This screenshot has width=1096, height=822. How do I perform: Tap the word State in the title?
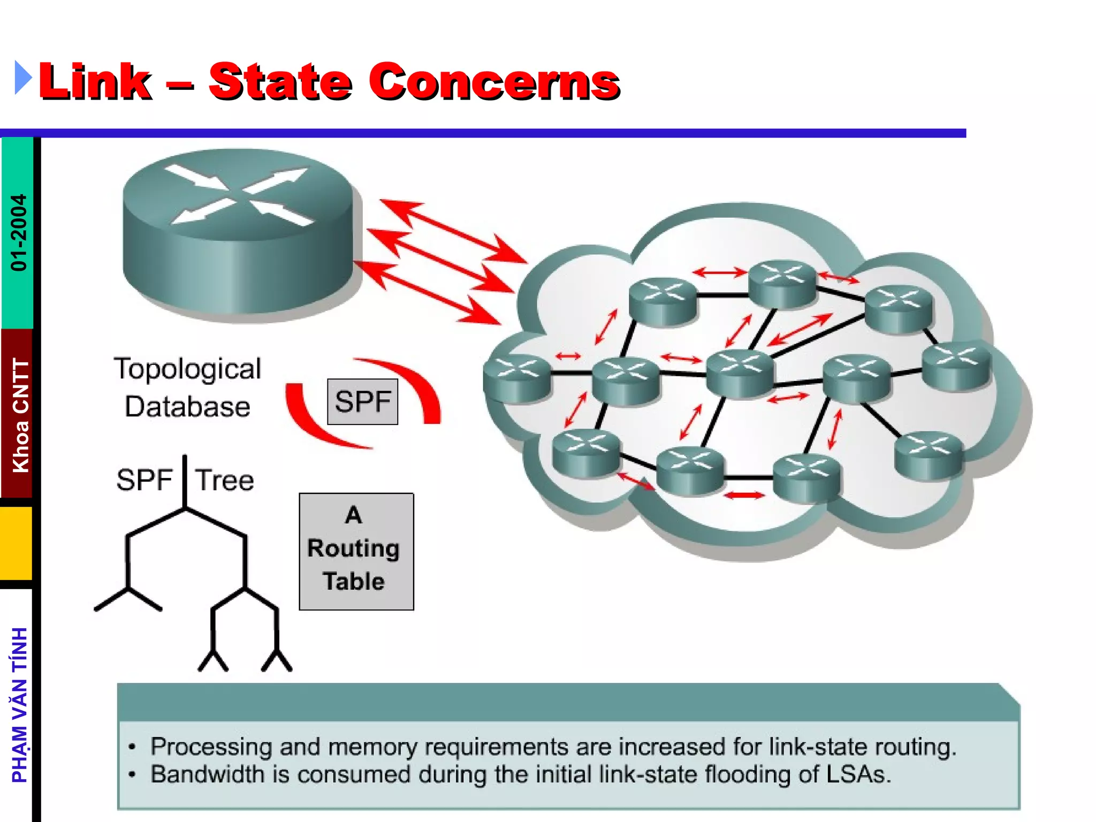(x=280, y=82)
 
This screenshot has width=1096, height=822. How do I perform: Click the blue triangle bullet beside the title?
(x=23, y=78)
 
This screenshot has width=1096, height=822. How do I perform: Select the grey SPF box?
(x=362, y=401)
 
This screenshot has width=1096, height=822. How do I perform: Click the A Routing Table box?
(x=356, y=551)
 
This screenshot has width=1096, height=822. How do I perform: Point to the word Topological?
(x=187, y=369)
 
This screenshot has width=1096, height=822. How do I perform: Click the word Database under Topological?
(x=187, y=407)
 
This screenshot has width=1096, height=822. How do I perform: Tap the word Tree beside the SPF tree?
(x=224, y=480)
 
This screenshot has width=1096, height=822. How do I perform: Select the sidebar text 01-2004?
(x=19, y=233)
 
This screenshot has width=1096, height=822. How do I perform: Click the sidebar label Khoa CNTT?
(x=20, y=415)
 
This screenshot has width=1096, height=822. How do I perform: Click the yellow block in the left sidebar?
(x=16, y=543)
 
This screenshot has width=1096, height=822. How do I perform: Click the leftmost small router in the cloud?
(x=516, y=377)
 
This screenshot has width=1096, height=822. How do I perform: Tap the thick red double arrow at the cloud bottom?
(x=744, y=496)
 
